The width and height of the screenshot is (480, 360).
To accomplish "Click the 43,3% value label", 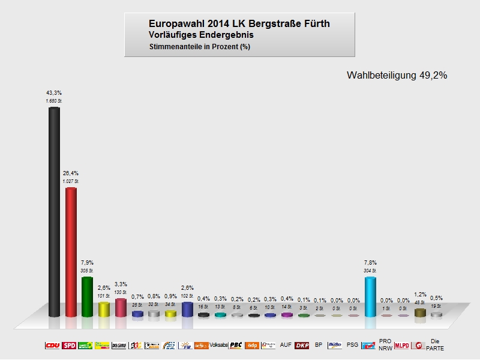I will click(x=54, y=93).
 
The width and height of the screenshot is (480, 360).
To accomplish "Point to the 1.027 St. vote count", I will click(x=71, y=181).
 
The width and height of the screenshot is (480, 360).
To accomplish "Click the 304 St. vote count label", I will click(x=370, y=270).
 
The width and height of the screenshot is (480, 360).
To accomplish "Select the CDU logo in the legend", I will click(x=53, y=346).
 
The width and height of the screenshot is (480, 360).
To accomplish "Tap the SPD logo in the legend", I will click(x=69, y=346).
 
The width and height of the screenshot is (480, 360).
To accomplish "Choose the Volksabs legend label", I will click(x=218, y=346).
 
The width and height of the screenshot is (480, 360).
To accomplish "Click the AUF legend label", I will click(x=286, y=346).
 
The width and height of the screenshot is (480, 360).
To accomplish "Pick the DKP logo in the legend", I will click(x=302, y=346).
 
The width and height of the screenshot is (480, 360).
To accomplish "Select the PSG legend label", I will click(x=352, y=346).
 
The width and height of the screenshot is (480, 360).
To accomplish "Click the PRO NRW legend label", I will click(x=385, y=345).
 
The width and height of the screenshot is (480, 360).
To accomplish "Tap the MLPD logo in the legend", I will click(x=401, y=346).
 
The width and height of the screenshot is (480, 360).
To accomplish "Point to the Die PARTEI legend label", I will click(x=435, y=345).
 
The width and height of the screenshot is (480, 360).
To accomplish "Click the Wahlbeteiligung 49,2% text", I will click(x=397, y=76).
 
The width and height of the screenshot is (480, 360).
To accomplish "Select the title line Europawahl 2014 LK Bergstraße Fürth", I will click(x=239, y=23).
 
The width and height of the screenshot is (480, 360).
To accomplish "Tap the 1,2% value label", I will click(x=420, y=295).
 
